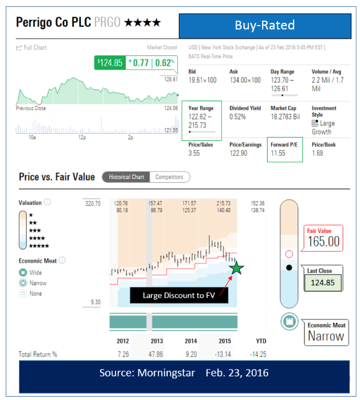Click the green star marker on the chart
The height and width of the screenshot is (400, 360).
pyautogui.click(x=236, y=268)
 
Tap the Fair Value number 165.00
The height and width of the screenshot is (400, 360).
pyautogui.click(x=323, y=241)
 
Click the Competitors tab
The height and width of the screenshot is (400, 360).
pyautogui.click(x=169, y=177)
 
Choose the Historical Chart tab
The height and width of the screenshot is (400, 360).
pyautogui.click(x=126, y=177)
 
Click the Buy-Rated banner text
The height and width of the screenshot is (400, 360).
pyautogui.click(x=265, y=26)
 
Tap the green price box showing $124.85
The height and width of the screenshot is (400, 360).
pyautogui.click(x=110, y=63)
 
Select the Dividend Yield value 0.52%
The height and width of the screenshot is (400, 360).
pyautogui.click(x=238, y=117)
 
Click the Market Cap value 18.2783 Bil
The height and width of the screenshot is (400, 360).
pyautogui.click(x=285, y=117)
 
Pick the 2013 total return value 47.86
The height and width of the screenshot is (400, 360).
pyautogui.click(x=156, y=354)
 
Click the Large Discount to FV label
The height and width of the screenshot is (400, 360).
pyautogui.click(x=178, y=296)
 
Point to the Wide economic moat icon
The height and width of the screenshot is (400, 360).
pyautogui.click(x=23, y=272)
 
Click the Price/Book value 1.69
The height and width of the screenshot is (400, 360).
pyautogui.click(x=317, y=153)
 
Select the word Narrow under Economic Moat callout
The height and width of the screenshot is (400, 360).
pyautogui.click(x=326, y=336)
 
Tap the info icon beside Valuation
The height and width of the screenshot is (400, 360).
pyautogui.click(x=48, y=202)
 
